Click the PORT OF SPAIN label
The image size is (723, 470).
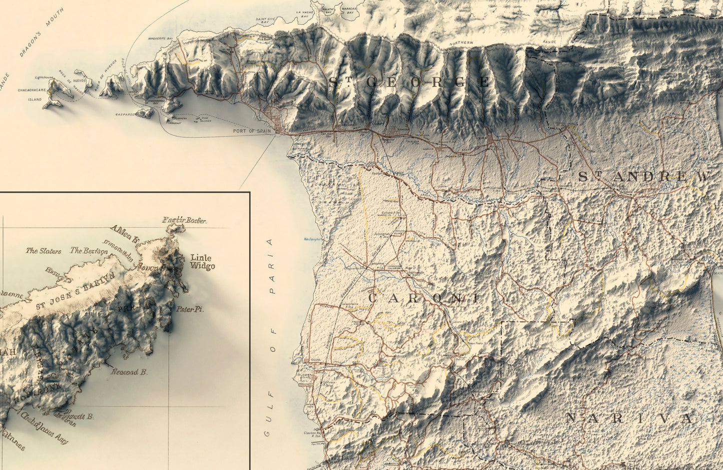(x=252, y=131)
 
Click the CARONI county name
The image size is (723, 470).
(x=423, y=298)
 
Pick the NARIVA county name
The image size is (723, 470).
(x=630, y=419)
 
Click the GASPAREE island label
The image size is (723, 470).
(x=125, y=114)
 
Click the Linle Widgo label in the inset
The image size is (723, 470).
(x=202, y=262)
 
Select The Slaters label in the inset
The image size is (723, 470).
(x=44, y=251)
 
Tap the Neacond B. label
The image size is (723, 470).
(x=129, y=372)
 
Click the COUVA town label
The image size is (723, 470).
(x=315, y=360)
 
